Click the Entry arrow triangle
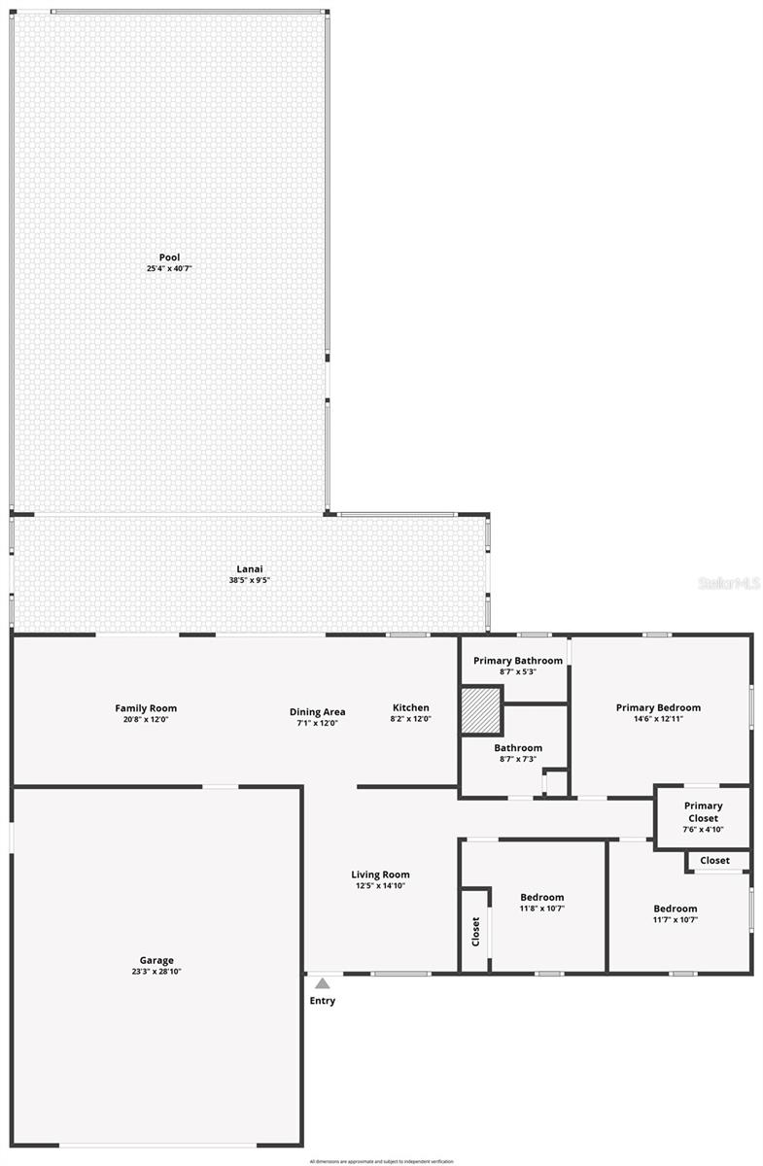click(x=323, y=983)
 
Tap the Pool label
click(x=169, y=257)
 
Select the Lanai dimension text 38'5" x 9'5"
click(x=250, y=581)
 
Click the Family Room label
click(x=146, y=708)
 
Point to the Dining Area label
click(x=317, y=712)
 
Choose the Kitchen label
click(x=410, y=707)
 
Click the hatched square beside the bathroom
click(x=480, y=710)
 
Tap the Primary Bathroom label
click(x=518, y=661)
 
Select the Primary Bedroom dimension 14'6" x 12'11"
click(x=658, y=719)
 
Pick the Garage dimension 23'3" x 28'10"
click(x=157, y=972)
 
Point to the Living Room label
click(x=380, y=874)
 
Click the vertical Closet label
click(x=475, y=931)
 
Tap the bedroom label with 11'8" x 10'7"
click(x=541, y=897)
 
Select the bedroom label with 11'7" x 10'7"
click(x=675, y=909)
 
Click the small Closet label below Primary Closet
click(x=714, y=860)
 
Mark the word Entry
click(x=323, y=1001)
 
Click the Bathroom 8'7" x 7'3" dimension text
click(x=517, y=759)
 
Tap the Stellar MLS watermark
click(x=730, y=583)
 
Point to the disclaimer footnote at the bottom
click(x=381, y=1161)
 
